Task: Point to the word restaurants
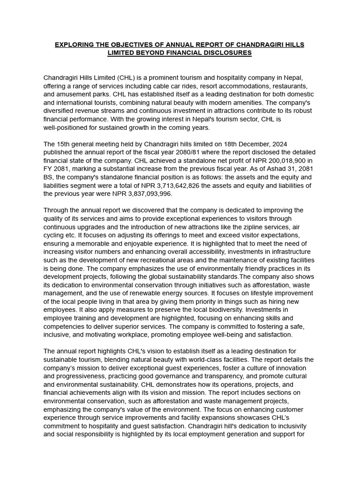pyautogui.click(x=289, y=86)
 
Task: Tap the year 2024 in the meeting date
pyautogui.click(x=291, y=144)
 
